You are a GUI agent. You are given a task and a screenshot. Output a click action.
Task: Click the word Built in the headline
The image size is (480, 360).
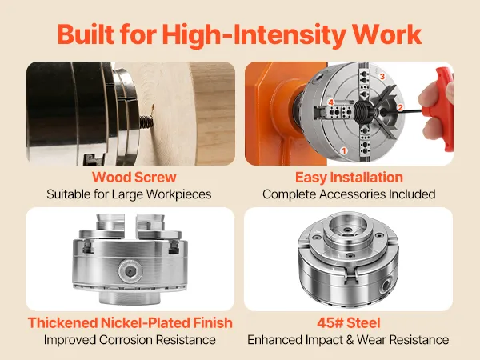pos(86,34)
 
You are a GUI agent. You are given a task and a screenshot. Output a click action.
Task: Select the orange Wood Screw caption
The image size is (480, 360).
pos(134,178)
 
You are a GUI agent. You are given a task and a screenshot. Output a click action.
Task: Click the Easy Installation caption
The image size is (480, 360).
pos(349,178)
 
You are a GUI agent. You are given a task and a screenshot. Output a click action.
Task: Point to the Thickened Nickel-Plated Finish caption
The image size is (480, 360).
pos(130,323)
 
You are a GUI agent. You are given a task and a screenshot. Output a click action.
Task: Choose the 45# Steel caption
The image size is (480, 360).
pos(349,323)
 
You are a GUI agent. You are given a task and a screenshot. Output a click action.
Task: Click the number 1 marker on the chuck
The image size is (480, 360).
pos(344,150)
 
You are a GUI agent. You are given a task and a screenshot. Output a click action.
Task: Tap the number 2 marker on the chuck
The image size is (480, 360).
pos(400,107)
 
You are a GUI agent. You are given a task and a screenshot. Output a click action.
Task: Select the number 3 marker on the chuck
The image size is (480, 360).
pos(382,76)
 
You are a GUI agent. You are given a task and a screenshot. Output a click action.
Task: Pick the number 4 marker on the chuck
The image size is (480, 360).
pos(331,102)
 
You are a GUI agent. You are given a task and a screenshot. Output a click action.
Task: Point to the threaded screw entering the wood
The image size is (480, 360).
pos(146,122)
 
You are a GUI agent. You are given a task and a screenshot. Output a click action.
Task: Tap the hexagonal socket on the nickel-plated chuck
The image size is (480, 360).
pos(130,271)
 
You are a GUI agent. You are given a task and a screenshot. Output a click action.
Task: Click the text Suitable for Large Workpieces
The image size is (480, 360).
pos(129,194)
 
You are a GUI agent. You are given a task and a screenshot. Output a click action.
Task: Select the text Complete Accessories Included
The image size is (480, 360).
pos(349,194)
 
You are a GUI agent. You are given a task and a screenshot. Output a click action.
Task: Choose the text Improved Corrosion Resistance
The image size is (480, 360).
pos(130,340)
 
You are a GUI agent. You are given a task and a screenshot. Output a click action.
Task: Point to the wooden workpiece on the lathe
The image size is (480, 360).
pos(184,114)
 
